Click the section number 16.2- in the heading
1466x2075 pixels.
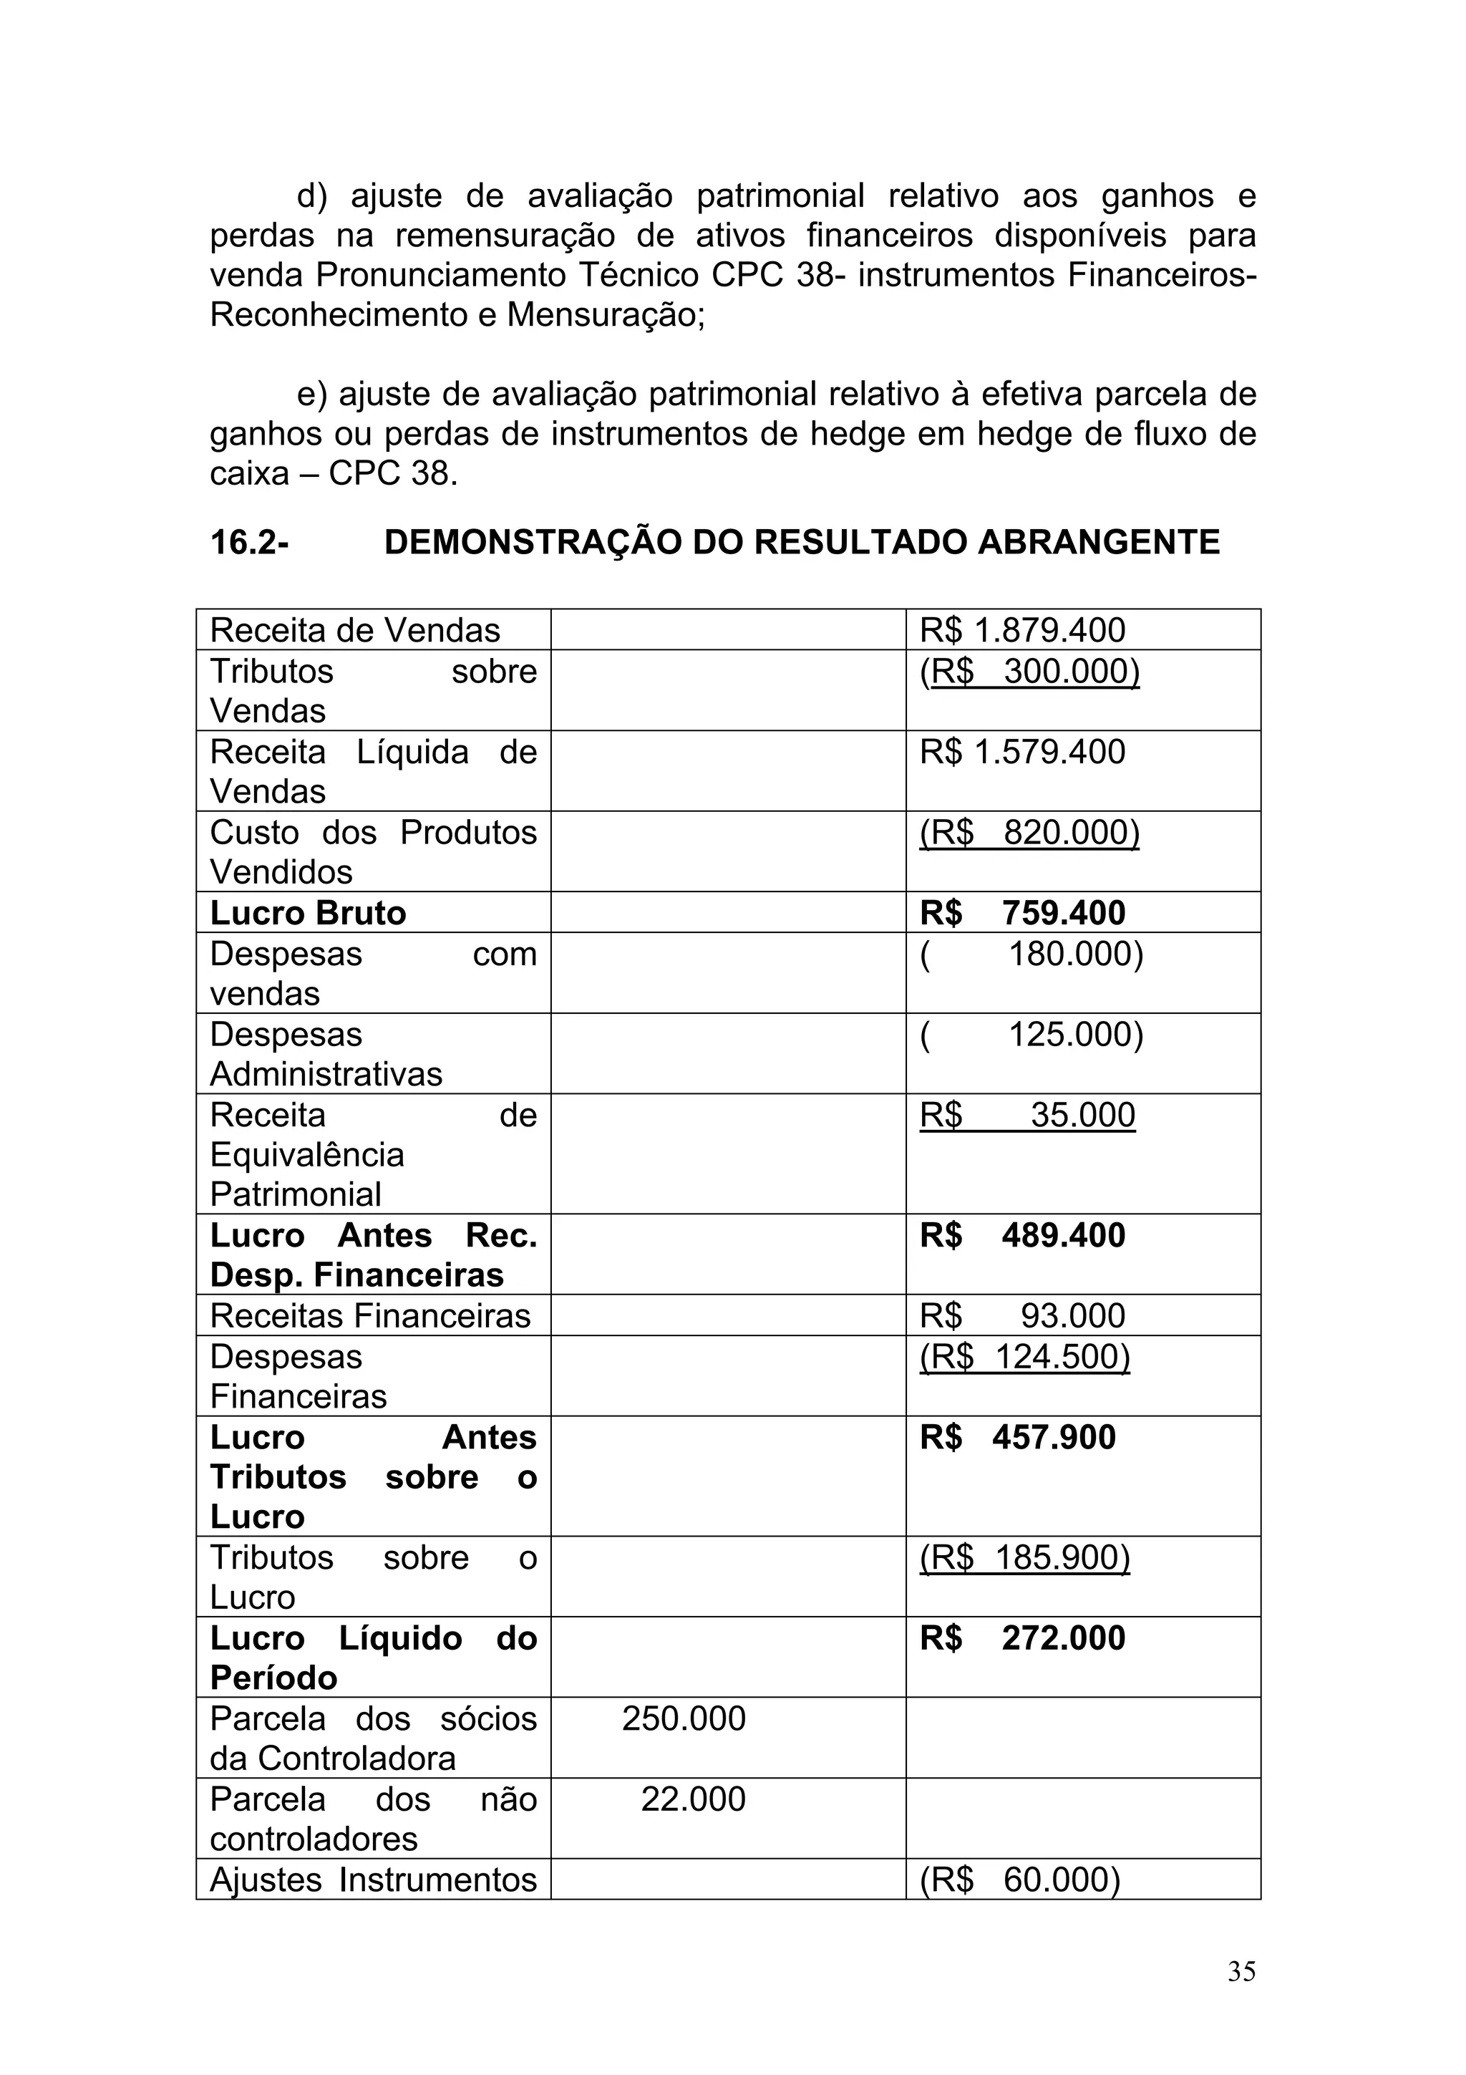coord(249,542)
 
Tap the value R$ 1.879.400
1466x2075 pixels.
coord(1021,630)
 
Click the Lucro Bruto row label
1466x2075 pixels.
coord(308,913)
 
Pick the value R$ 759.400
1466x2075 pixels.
coord(1021,913)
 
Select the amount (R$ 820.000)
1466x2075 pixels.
coord(1029,832)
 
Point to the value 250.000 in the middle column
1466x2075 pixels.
coord(684,1719)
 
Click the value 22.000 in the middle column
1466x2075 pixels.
coord(693,1799)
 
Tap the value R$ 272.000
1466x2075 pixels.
coord(1021,1638)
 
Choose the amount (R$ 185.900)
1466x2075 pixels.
coord(1024,1558)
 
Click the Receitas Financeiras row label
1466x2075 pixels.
coord(370,1316)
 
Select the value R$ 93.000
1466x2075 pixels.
coord(1021,1316)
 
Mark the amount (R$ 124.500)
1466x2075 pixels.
coord(1024,1357)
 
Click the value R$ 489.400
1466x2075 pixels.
coord(1021,1235)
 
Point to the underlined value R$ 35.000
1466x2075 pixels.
coord(1027,1116)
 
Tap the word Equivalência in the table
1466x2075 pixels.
coord(307,1155)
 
